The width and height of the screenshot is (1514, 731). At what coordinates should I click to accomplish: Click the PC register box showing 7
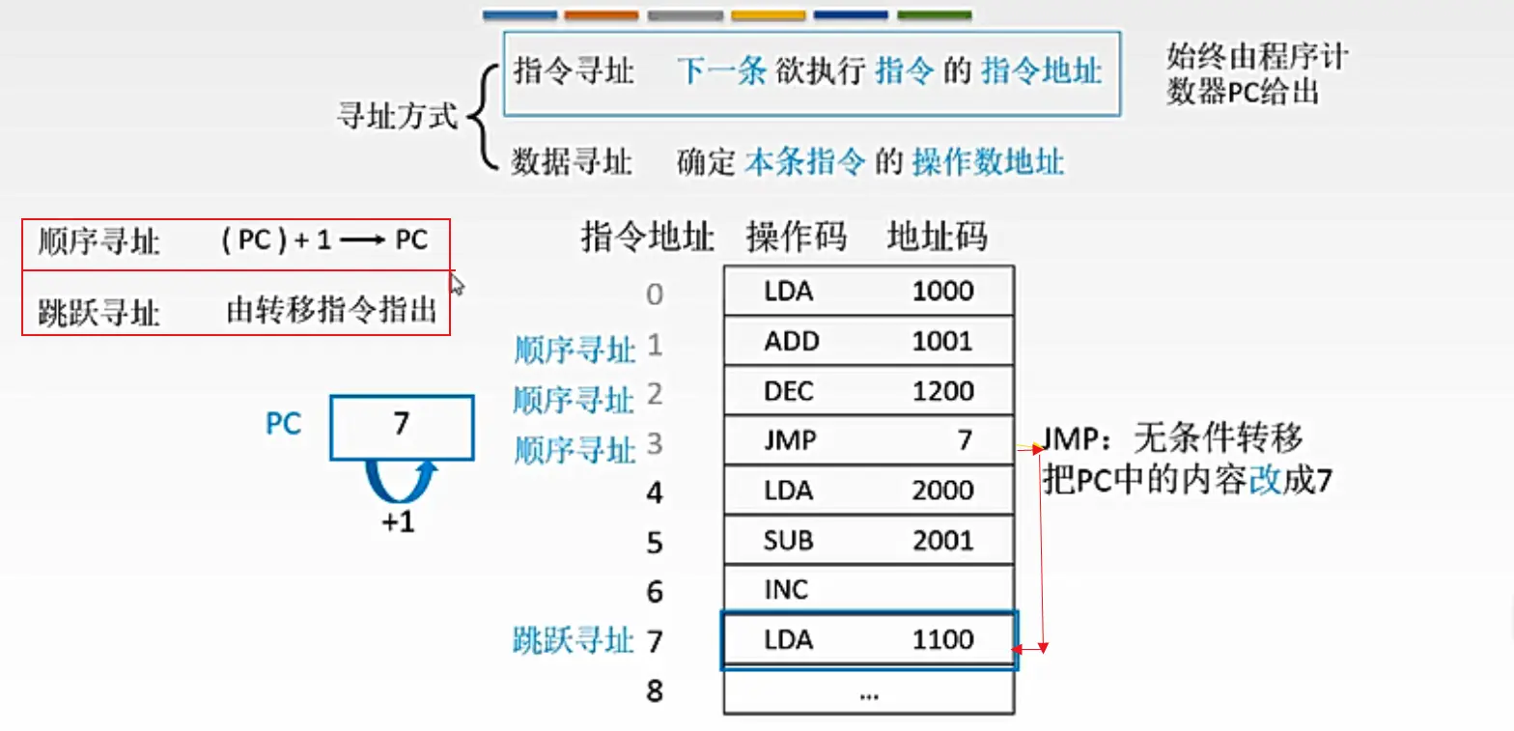click(402, 426)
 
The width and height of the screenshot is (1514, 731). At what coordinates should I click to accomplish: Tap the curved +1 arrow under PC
click(399, 484)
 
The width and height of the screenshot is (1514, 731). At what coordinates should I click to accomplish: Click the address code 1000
click(942, 291)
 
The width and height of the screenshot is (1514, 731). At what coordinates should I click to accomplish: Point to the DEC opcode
click(788, 391)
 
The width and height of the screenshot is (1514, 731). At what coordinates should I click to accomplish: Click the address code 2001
click(942, 540)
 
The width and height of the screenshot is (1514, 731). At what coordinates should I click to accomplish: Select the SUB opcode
click(787, 540)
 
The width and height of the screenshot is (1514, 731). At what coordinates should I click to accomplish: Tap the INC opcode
click(785, 590)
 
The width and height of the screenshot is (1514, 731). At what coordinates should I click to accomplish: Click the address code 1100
click(942, 639)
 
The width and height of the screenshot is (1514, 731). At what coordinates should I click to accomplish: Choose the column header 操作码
click(796, 237)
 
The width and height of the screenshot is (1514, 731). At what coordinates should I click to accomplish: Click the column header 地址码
click(937, 237)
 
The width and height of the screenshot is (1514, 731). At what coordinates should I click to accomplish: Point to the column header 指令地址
click(648, 237)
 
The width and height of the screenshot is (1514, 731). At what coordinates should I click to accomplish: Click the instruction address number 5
click(655, 543)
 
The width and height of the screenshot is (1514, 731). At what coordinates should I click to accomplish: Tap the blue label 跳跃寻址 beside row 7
click(573, 640)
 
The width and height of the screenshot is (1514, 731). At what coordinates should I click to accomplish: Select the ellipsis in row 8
click(868, 692)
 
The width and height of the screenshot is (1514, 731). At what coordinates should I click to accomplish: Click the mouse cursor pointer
click(456, 283)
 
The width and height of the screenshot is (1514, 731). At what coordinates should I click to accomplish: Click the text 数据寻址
click(572, 161)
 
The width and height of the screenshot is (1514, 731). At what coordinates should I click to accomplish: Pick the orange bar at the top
click(602, 15)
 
